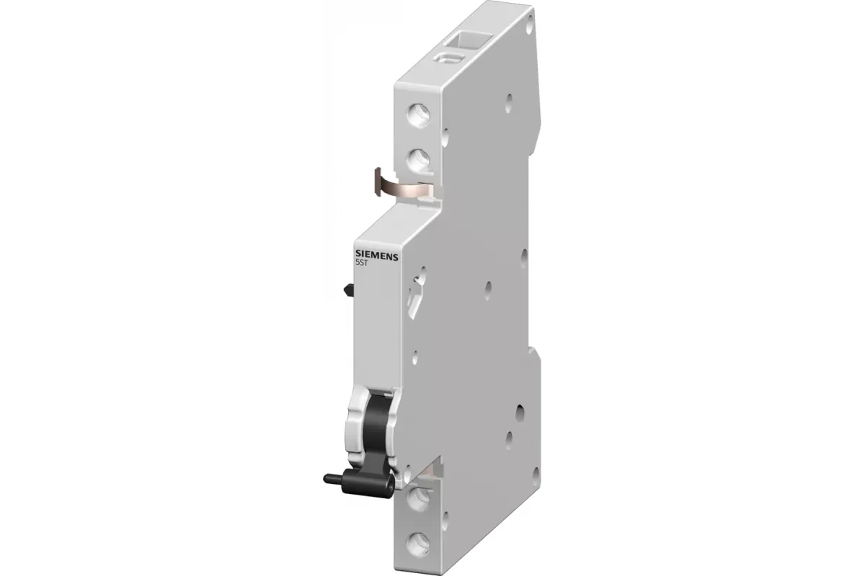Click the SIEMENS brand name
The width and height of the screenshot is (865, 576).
pyautogui.click(x=376, y=255)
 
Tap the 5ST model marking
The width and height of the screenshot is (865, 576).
pyautogui.click(x=361, y=262)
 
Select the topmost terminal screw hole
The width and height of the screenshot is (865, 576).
pyautogui.click(x=419, y=115)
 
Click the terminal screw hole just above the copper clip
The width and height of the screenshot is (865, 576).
pyautogui.click(x=419, y=161)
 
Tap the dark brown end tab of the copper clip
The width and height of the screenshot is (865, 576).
pyautogui.click(x=378, y=181)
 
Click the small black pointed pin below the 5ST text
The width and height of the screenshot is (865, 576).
pyautogui.click(x=348, y=289)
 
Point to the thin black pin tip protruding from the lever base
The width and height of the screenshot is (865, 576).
pyautogui.click(x=333, y=479)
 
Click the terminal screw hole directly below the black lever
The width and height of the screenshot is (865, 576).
pyautogui.click(x=419, y=498)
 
